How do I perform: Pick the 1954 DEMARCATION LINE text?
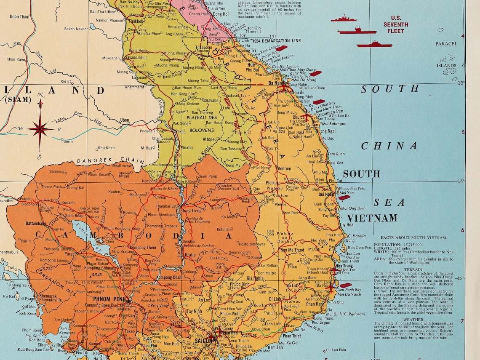tap(277, 41)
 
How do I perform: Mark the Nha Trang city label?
tap(345, 267)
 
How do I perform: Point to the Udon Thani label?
tap(20, 17)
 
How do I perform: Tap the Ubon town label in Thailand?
tap(125, 120)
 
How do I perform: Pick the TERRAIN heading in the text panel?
tap(413, 269)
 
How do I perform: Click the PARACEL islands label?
tap(446, 44)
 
